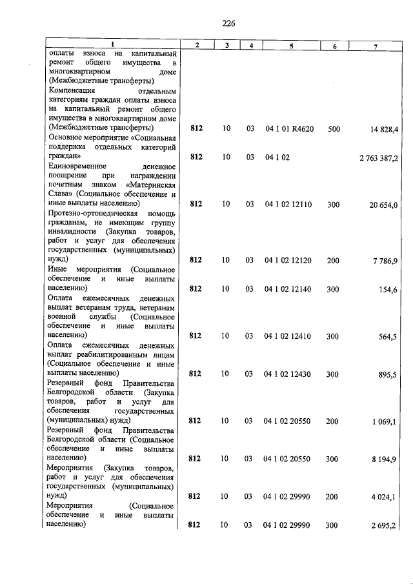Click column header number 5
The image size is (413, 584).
coord(291,45)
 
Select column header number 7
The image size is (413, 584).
coord(375,45)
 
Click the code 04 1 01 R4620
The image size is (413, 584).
coord(289,129)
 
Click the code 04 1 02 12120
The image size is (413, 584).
coord(288,261)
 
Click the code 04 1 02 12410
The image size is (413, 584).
coord(288,336)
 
